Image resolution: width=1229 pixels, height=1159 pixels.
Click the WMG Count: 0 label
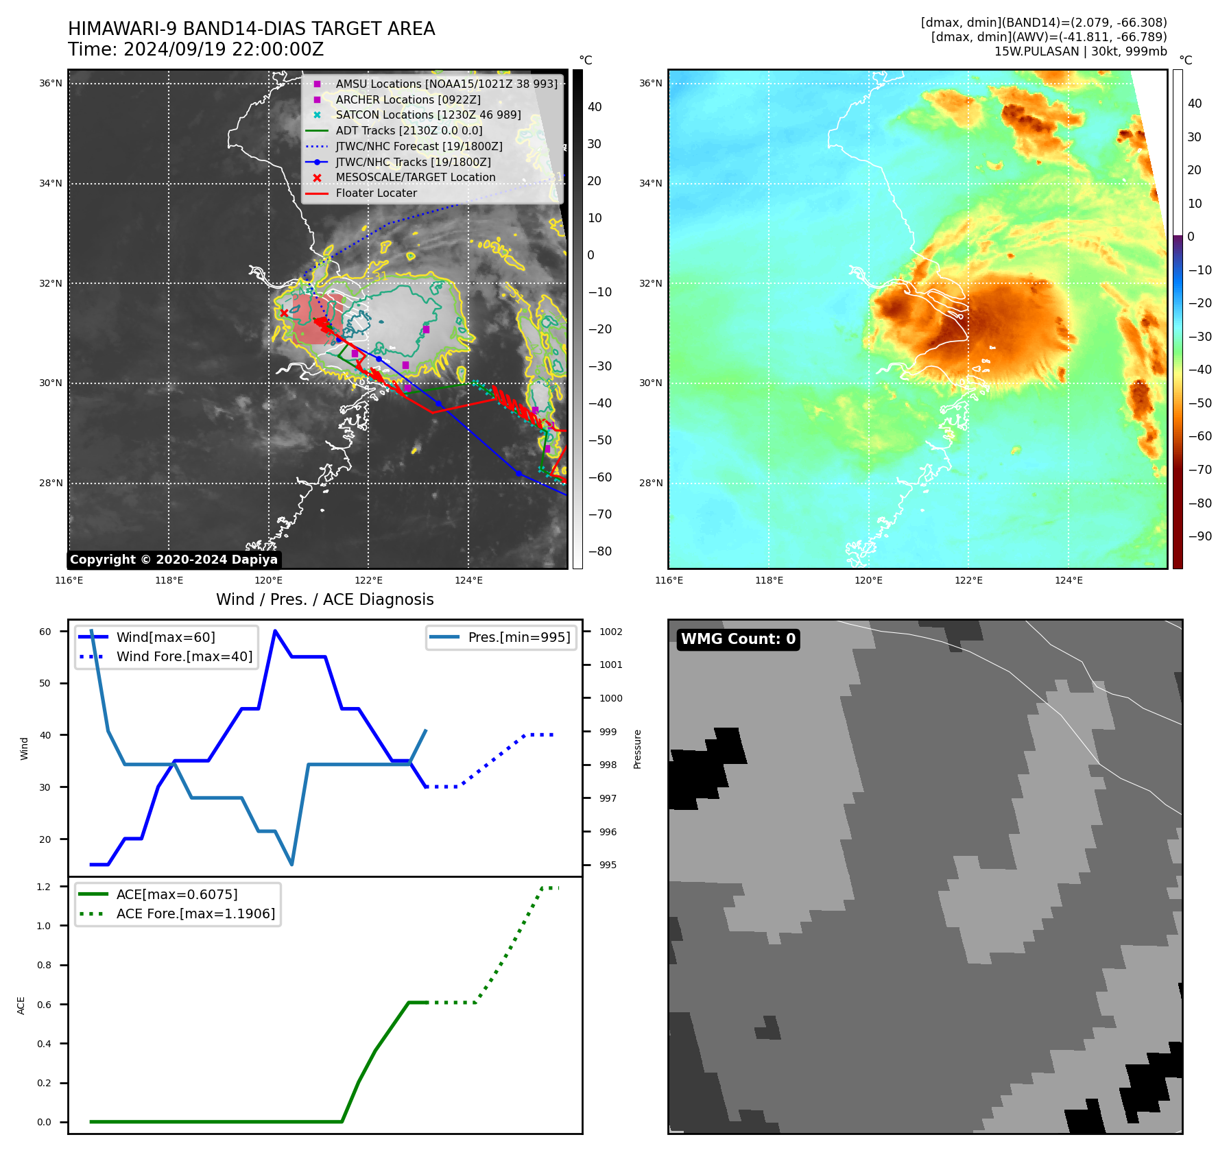738,639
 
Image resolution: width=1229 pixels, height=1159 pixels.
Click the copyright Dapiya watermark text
174,560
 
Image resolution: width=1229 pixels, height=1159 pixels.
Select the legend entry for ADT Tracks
409,130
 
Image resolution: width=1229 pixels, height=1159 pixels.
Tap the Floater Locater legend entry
376,193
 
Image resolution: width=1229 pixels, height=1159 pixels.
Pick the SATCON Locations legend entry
428,115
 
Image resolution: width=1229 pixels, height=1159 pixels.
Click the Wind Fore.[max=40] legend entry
184,656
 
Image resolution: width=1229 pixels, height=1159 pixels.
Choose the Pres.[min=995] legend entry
518,637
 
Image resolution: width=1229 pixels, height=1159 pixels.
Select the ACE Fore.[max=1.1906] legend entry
195,913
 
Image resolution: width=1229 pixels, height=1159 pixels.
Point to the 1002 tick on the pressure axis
610,632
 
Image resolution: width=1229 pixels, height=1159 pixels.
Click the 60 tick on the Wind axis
45,632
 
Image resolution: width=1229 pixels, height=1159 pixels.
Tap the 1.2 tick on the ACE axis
44,887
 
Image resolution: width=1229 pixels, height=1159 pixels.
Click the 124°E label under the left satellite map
468,580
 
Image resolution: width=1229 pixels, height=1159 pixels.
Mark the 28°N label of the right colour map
651,483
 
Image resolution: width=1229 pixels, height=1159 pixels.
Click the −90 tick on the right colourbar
1200,536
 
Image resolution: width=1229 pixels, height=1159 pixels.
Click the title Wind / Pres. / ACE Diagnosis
324,599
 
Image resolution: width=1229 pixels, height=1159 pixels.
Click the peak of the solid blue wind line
275,631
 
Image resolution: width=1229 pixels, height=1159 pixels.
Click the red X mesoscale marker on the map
284,313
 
